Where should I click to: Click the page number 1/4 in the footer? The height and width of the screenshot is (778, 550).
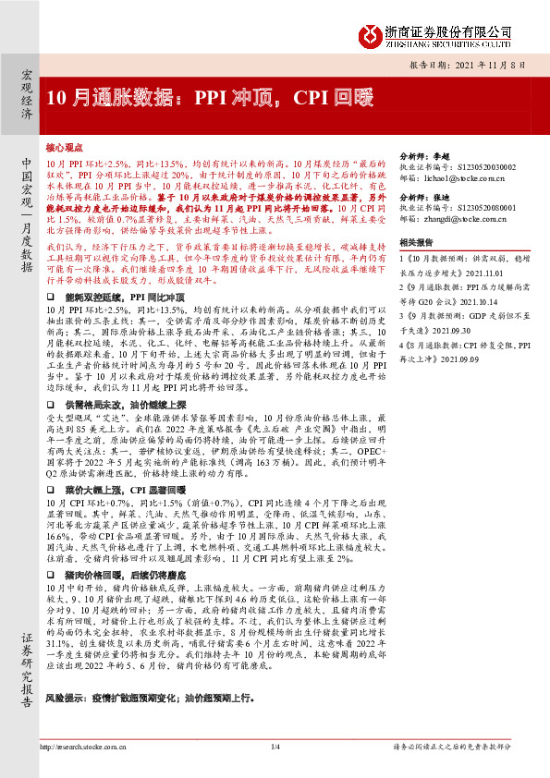[x=275, y=746]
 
